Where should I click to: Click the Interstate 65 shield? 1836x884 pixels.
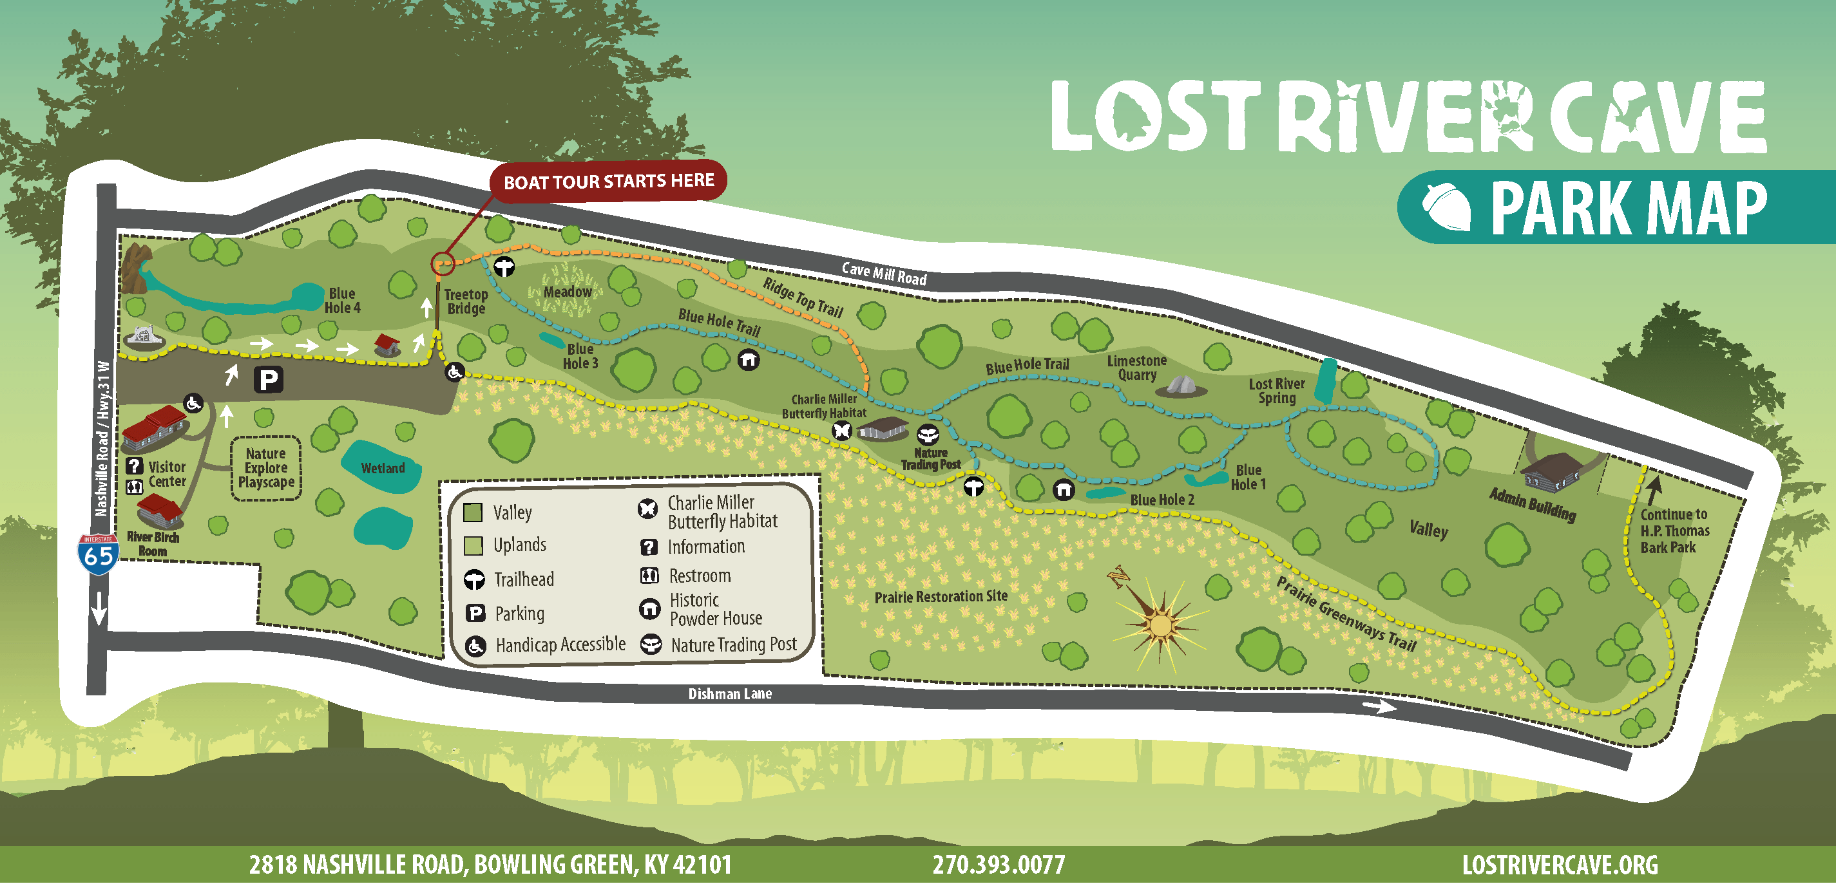(98, 554)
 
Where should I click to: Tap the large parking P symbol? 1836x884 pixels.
(269, 380)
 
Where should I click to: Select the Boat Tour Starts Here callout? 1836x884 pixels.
(608, 182)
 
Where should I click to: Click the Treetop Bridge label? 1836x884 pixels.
(466, 301)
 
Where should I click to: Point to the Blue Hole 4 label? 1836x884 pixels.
(342, 301)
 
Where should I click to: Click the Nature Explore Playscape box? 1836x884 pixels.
(266, 468)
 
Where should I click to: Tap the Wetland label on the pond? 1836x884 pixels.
(383, 468)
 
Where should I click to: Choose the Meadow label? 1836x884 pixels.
(568, 292)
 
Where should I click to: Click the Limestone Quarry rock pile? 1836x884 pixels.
(1181, 386)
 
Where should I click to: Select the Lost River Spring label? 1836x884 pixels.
(1277, 390)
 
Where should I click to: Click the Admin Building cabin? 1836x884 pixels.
(1552, 471)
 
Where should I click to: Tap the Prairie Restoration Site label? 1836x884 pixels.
(941, 596)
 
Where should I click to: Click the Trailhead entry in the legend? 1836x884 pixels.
(524, 579)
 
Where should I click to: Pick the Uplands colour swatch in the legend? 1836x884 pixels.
(473, 545)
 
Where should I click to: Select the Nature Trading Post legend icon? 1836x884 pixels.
(651, 644)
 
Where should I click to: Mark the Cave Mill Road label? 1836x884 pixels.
(884, 274)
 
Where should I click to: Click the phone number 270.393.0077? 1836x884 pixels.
(999, 865)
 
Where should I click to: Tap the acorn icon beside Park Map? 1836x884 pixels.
(1446, 207)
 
